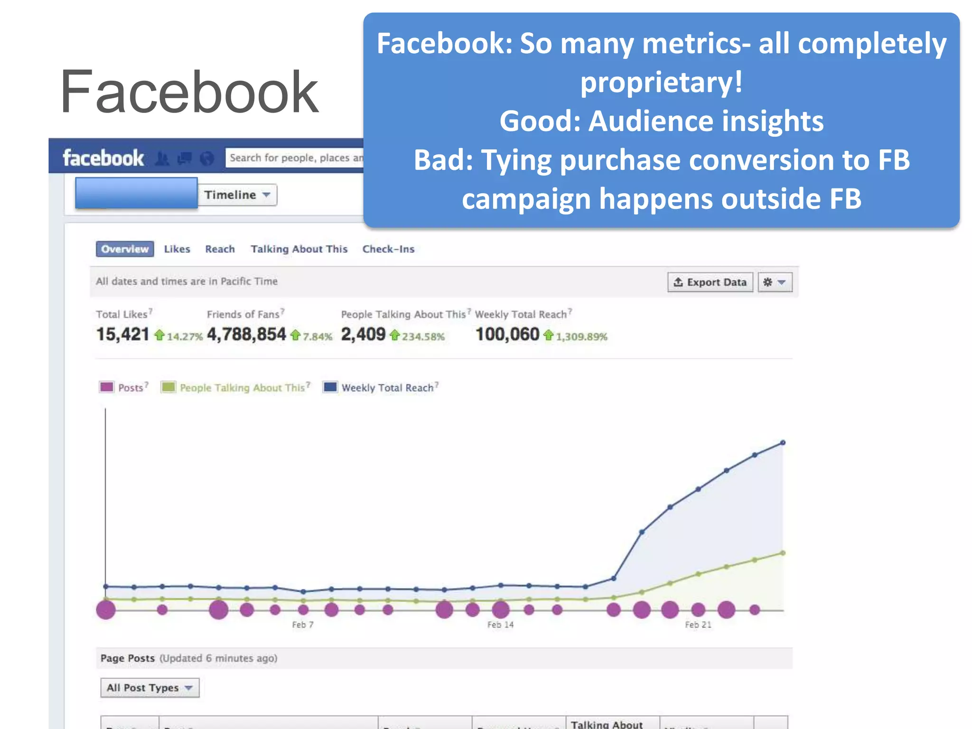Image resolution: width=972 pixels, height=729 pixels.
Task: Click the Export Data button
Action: (x=710, y=282)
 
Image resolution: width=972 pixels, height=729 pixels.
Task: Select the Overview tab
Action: (x=125, y=249)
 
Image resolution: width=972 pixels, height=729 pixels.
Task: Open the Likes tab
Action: (x=177, y=249)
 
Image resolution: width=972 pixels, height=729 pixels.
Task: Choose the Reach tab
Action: (x=220, y=249)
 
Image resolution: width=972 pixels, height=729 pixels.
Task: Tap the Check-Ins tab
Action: (x=388, y=249)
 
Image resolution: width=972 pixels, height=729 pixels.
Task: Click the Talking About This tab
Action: (x=299, y=249)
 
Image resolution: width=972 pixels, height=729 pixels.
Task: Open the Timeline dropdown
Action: (x=237, y=195)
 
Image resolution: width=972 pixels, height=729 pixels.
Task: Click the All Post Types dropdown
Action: (x=150, y=688)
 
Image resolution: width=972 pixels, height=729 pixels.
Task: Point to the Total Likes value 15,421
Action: (x=123, y=335)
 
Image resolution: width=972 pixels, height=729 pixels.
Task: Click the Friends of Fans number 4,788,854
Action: (x=247, y=335)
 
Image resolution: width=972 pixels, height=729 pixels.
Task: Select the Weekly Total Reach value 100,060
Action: (x=507, y=335)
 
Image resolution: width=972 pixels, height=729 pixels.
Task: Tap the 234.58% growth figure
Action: (x=423, y=336)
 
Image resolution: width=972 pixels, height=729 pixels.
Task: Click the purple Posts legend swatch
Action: (x=107, y=387)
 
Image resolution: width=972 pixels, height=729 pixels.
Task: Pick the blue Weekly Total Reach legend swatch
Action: (x=330, y=387)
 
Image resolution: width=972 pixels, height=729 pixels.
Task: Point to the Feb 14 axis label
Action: (x=500, y=625)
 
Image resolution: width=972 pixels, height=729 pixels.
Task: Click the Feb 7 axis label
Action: (x=303, y=625)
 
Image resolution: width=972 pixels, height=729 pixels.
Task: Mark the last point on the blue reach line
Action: (x=783, y=443)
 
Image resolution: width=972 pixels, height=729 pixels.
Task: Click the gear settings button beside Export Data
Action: (x=775, y=282)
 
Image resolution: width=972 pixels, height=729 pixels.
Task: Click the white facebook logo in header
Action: (x=103, y=158)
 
